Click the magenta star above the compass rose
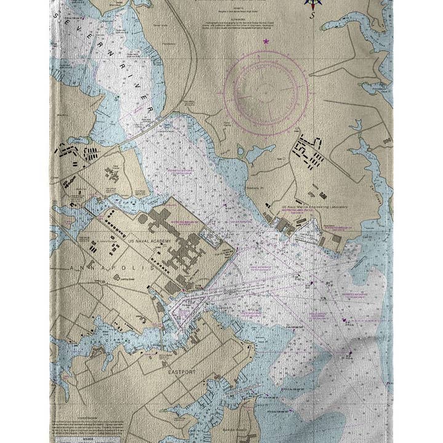tap(266, 42)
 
